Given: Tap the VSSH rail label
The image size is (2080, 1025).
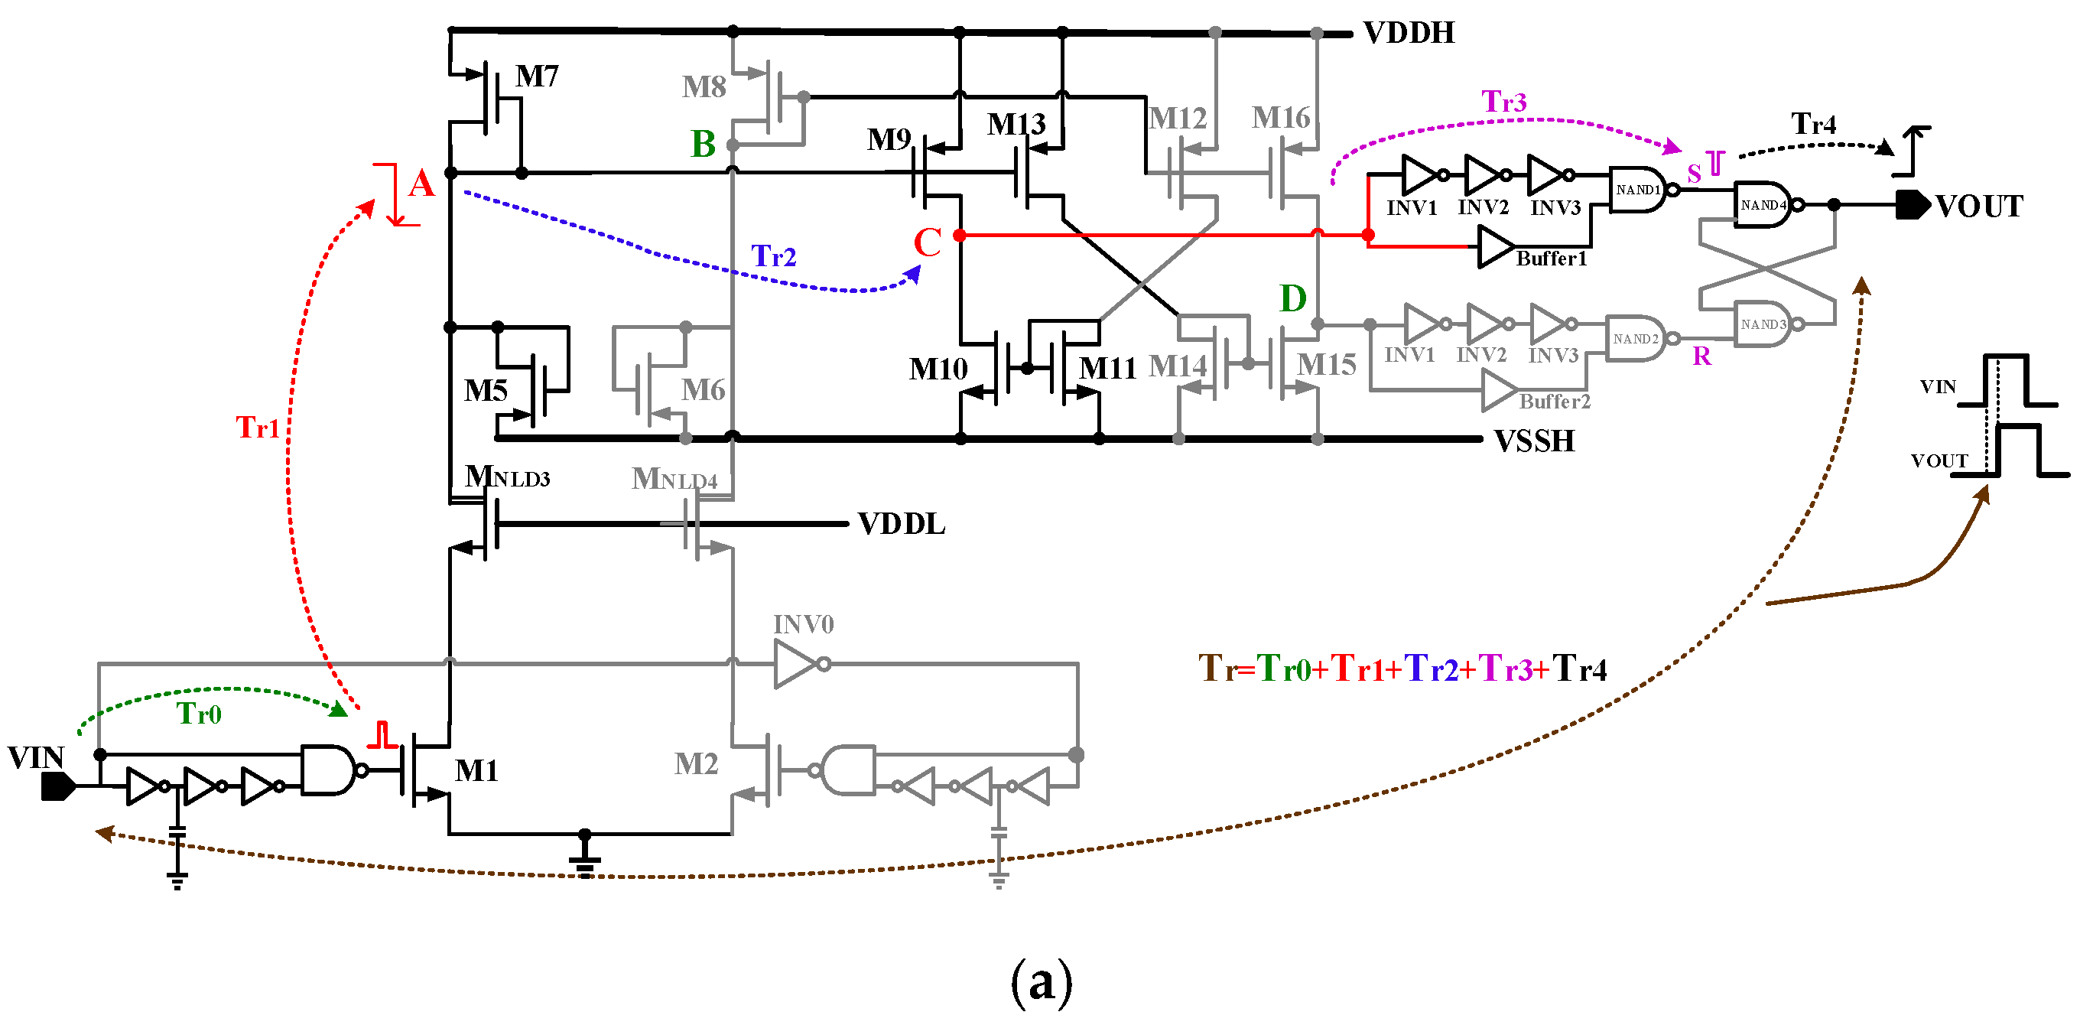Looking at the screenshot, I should pyautogui.click(x=1533, y=441).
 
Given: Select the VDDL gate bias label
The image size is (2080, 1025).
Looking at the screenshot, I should pyautogui.click(x=900, y=524).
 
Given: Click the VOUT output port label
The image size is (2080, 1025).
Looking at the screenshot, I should pyautogui.click(x=1978, y=207).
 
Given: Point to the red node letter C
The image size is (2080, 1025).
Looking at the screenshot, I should pyautogui.click(x=927, y=242).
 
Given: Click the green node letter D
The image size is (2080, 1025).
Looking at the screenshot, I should pyautogui.click(x=1292, y=299).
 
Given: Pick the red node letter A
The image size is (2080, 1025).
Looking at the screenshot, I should pyautogui.click(x=421, y=184).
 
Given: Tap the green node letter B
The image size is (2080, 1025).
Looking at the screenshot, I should pyautogui.click(x=703, y=145).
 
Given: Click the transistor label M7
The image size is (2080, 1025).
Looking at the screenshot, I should pyautogui.click(x=537, y=76).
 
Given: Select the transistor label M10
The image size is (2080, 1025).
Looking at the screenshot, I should pyautogui.click(x=938, y=370).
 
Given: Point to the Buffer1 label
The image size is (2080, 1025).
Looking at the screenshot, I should pyautogui.click(x=1550, y=259).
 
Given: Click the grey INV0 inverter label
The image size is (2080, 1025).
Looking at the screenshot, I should pyautogui.click(x=803, y=624).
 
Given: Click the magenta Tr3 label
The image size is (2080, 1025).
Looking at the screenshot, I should pyautogui.click(x=1503, y=102).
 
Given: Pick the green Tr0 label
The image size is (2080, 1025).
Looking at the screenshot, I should pyautogui.click(x=199, y=714).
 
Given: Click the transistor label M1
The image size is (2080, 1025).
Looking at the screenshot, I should pyautogui.click(x=476, y=771).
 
